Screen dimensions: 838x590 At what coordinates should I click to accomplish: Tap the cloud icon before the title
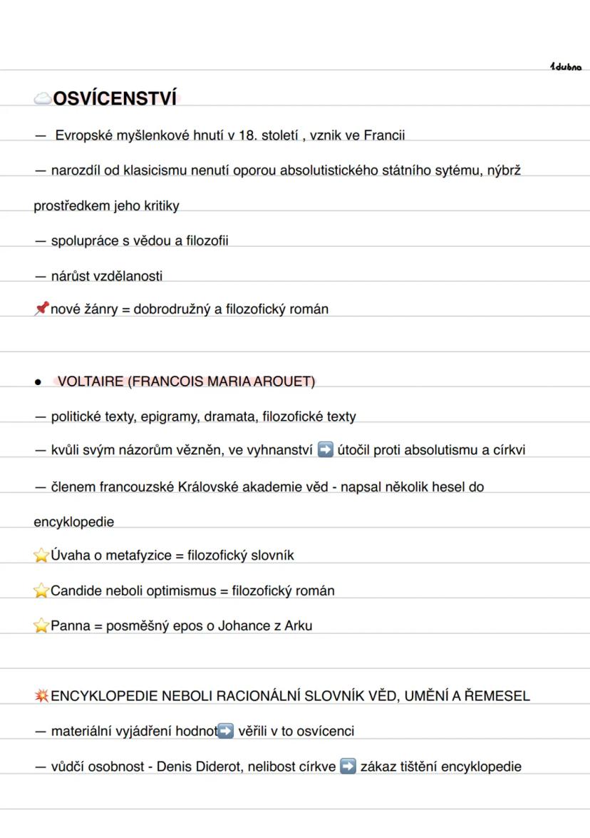tap(43, 99)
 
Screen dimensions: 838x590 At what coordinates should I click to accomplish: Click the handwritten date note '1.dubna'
tap(566, 67)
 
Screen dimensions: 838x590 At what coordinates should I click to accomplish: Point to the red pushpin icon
tap(41, 309)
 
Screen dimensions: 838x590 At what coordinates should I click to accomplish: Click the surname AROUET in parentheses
tap(284, 382)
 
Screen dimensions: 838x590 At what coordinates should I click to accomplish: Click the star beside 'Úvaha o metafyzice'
tap(41, 556)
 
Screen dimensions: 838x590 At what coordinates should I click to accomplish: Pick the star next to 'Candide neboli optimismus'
tap(41, 591)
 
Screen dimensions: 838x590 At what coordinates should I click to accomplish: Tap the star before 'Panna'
tap(41, 626)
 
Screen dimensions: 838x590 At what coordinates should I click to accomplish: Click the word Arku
tap(298, 626)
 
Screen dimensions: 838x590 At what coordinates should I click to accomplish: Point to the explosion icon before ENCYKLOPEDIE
tap(41, 696)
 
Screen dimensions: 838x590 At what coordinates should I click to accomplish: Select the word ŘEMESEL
tap(497, 696)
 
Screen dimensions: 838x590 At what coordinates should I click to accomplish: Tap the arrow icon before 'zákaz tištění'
tap(348, 767)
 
